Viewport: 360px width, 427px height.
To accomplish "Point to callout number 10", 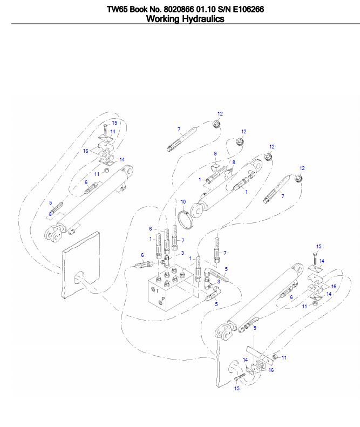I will point(183,201).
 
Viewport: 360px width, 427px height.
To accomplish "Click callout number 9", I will point(215,154).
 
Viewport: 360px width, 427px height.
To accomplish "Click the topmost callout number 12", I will point(220,114).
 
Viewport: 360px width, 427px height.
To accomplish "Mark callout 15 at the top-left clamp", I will point(114,123).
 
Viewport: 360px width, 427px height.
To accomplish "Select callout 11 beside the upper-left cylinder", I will point(97,173).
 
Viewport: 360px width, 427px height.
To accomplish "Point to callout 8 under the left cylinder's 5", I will point(50,214).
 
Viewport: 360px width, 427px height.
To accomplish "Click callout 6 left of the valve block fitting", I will point(142,255).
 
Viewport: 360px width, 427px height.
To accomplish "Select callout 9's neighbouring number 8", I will point(233,162).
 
